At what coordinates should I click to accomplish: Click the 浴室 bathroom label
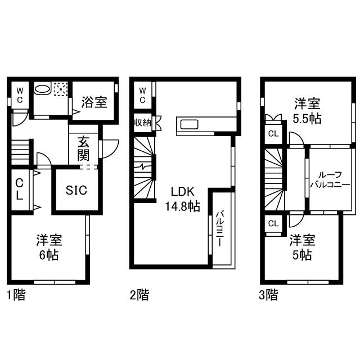(94, 102)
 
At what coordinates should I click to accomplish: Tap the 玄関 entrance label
(83, 148)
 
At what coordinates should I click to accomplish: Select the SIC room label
(76, 190)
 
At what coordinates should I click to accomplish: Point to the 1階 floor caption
(16, 295)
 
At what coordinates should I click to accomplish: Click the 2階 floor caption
(139, 295)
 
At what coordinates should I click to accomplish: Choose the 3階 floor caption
(268, 295)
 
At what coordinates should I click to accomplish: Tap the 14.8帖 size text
(182, 206)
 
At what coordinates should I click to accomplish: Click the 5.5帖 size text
(307, 119)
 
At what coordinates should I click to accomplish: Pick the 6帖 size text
(49, 255)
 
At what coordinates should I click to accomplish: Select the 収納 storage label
(142, 123)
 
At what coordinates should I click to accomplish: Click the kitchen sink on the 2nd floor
(190, 124)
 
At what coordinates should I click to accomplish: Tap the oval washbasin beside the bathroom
(42, 89)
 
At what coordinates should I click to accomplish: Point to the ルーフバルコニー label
(330, 179)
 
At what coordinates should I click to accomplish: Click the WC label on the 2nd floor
(142, 96)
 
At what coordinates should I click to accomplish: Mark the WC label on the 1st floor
(20, 96)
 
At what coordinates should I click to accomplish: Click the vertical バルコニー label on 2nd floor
(219, 228)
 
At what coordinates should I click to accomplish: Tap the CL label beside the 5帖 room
(273, 223)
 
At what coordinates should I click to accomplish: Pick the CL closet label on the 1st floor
(20, 190)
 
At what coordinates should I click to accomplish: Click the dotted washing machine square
(61, 89)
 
